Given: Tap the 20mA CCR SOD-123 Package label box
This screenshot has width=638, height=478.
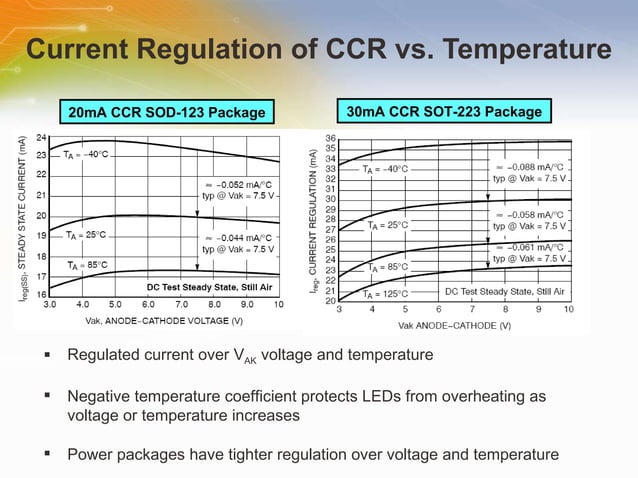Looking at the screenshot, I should pos(167,112).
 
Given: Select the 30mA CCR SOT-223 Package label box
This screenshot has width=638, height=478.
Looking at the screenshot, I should pos(444,112).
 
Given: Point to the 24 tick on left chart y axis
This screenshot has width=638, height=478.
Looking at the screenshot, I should pos(41,136).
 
